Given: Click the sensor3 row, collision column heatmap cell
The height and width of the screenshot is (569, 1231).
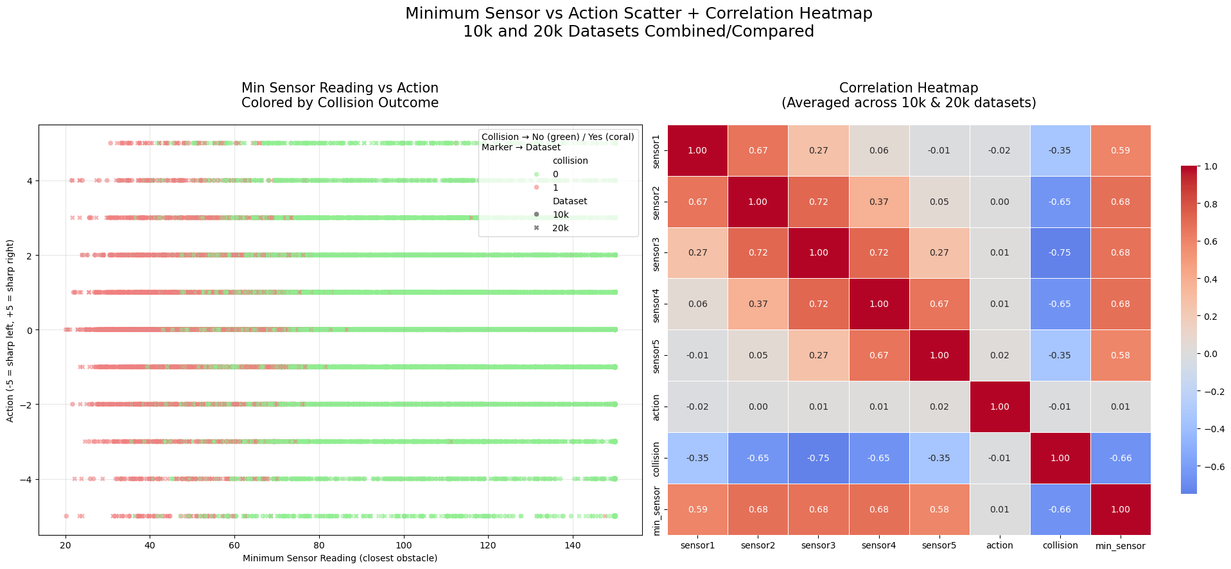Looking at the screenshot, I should (1060, 253).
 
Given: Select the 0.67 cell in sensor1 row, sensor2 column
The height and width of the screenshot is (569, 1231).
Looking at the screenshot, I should (758, 151).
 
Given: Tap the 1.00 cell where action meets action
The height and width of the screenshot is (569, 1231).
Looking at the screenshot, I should (999, 407).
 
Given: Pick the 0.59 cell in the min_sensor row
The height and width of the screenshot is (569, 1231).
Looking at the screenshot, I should (697, 509).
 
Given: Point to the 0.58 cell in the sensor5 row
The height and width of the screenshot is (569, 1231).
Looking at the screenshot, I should (1120, 356).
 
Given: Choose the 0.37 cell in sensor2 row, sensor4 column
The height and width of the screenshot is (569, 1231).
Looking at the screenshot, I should (878, 202).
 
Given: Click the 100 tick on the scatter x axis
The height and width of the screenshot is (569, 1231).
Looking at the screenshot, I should (404, 545).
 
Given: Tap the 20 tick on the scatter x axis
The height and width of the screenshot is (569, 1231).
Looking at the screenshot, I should (65, 545).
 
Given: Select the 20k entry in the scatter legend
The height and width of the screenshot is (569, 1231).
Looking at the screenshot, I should (560, 228).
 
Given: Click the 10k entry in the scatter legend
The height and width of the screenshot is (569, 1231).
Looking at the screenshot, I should (560, 214).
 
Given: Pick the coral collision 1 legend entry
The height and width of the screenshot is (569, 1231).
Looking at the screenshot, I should (555, 188).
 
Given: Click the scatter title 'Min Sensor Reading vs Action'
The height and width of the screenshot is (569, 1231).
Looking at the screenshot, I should (340, 88).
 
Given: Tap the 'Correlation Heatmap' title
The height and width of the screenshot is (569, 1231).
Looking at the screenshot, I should (908, 88).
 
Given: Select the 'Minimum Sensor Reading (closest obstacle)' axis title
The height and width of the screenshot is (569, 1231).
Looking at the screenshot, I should (340, 558).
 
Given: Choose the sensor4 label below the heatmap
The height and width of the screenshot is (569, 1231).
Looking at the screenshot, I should (878, 545).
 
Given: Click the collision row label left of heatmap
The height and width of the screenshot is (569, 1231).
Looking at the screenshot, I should (656, 459).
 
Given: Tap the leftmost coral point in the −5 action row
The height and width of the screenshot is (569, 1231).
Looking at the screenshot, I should (66, 516).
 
